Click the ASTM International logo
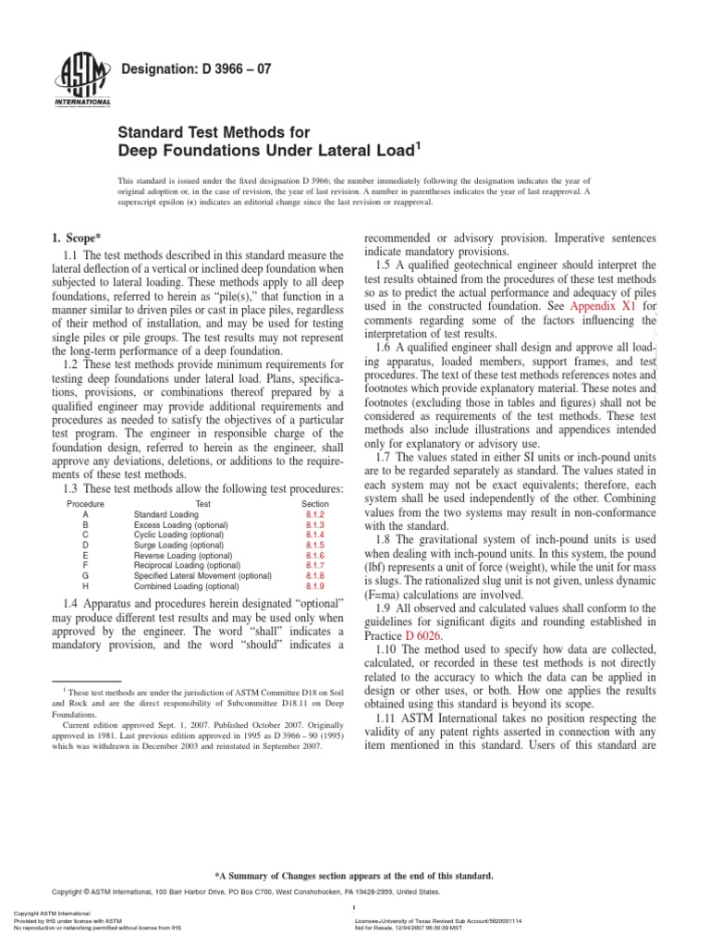point(85,80)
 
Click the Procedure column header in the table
point(86,503)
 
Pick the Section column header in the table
point(315,503)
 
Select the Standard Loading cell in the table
point(166,513)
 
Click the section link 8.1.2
point(315,513)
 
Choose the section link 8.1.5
point(315,545)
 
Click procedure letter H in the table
point(86,586)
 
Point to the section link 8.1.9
point(315,586)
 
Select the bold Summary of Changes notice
point(354,875)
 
